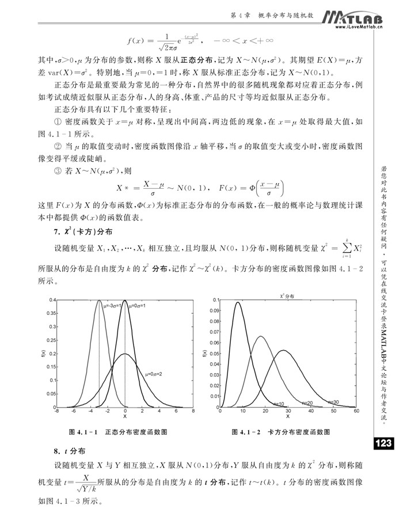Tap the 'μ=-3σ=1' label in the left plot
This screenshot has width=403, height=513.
click(x=112, y=305)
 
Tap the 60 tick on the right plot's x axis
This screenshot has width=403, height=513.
click(x=357, y=411)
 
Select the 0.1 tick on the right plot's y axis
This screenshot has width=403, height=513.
click(x=215, y=300)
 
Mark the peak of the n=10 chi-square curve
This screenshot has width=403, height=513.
click(x=238, y=303)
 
